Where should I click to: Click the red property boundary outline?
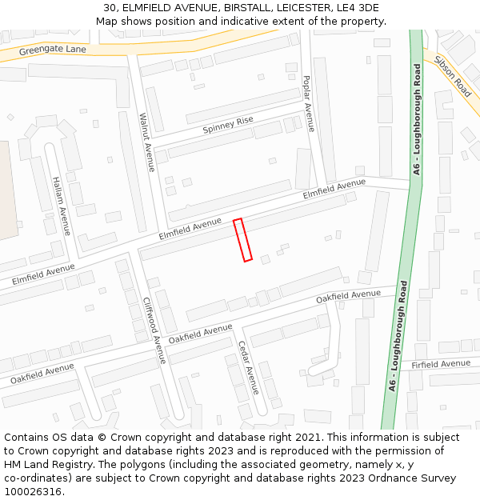coord(242,239)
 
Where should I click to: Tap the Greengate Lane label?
coord(53,50)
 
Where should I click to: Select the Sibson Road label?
coord(452,71)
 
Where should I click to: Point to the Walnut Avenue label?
coord(146,142)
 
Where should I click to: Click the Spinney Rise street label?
coord(228,125)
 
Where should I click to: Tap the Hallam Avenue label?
coord(61,206)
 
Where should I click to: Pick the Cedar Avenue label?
coord(248,367)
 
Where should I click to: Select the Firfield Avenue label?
coord(441,364)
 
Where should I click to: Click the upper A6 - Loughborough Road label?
coord(417,120)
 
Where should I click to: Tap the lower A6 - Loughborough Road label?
coord(398,335)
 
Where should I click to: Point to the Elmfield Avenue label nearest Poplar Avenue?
coord(334,190)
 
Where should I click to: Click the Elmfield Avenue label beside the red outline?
coord(190,229)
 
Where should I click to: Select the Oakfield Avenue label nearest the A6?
coord(348,296)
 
